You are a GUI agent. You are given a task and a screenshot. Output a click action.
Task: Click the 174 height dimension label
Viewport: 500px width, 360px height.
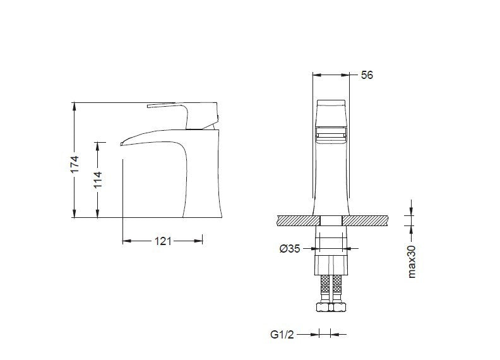(x=74, y=164)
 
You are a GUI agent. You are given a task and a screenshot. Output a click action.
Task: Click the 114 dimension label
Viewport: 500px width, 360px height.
(x=98, y=179)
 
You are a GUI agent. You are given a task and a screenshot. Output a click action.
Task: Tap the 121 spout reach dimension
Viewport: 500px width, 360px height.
(x=163, y=241)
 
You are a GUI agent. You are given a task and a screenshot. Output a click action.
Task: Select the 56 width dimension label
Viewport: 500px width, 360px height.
(x=367, y=75)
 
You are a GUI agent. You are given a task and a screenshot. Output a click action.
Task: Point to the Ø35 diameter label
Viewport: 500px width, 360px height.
(x=290, y=248)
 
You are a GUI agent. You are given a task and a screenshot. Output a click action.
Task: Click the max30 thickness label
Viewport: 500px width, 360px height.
(x=412, y=261)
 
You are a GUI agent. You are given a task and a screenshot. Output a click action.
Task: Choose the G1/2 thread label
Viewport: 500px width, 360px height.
(x=282, y=335)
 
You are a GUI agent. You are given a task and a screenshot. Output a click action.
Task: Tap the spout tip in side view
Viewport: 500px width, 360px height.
(x=121, y=144)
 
